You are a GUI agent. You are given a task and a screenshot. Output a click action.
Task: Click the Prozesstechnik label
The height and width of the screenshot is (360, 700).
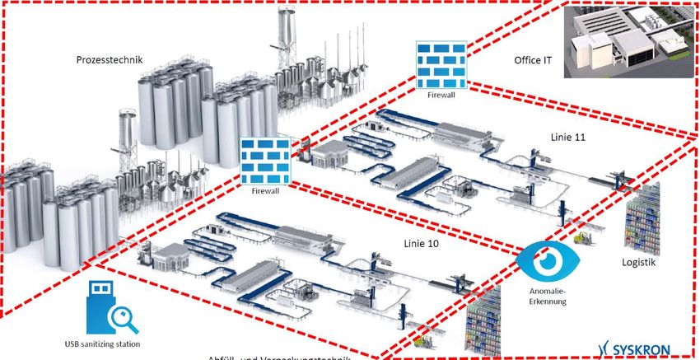(110, 60)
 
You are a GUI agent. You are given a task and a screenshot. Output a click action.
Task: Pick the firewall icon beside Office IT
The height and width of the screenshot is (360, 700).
(441, 66)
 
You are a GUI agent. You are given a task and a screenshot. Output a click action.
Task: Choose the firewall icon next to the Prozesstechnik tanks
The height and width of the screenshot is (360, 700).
(265, 160)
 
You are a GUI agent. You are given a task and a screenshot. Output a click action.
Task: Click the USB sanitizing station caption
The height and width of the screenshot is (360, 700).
(102, 344)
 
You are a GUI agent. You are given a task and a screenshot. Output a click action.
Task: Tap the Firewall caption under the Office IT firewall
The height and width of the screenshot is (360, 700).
(441, 95)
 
